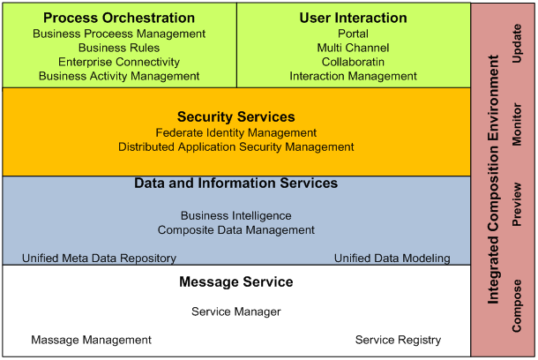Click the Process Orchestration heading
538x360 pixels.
tap(119, 18)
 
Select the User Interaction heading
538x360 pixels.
tap(353, 18)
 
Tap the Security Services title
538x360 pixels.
tap(236, 117)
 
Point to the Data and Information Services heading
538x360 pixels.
tap(236, 184)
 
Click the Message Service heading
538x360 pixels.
tap(236, 282)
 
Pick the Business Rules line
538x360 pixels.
tap(119, 48)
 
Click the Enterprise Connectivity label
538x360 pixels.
tap(119, 62)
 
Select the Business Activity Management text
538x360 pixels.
tap(119, 76)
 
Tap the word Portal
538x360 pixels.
tap(353, 34)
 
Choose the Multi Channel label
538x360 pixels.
tap(353, 48)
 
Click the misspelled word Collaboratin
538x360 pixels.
tap(353, 62)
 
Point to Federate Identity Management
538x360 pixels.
tap(236, 133)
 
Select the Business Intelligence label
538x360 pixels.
tap(236, 216)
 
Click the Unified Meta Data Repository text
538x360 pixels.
tap(99, 259)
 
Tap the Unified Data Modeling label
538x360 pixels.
tap(392, 259)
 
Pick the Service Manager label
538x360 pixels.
tap(236, 312)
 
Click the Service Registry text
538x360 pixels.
tap(398, 340)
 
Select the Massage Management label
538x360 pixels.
tap(91, 340)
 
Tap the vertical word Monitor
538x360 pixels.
tap(517, 124)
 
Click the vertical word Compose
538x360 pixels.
tap(517, 306)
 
